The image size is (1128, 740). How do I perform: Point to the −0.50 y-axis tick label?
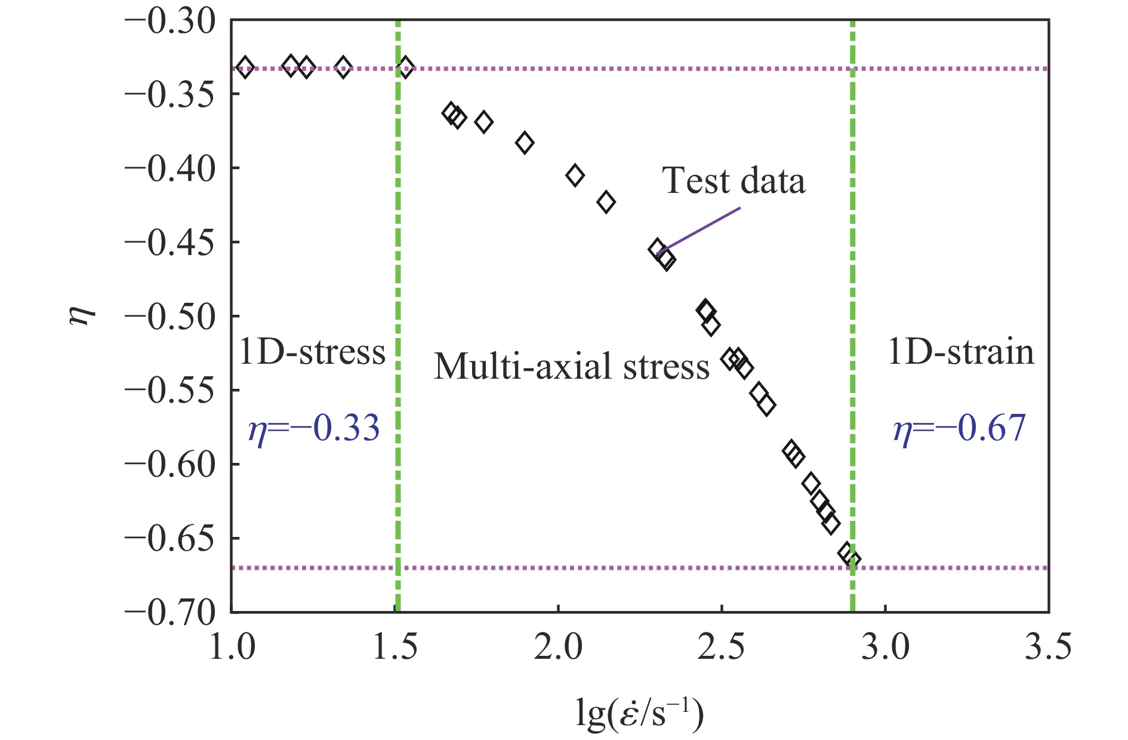169,317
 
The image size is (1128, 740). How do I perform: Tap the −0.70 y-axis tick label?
169,613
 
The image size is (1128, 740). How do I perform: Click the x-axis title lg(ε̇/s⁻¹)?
639,714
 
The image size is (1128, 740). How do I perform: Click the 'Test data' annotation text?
733,180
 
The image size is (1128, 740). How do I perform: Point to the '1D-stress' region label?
312,352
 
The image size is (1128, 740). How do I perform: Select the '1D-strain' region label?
961,352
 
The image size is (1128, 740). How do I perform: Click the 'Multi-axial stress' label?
571,366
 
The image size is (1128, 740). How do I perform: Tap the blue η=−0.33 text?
313,428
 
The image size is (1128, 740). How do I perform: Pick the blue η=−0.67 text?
959,428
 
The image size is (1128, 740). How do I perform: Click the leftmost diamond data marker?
245,67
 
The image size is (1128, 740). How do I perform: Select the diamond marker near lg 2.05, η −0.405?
575,175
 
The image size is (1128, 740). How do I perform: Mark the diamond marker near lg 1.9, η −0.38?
525,143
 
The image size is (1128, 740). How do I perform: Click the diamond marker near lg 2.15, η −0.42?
606,202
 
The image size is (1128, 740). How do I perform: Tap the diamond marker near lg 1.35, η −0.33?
343,67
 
